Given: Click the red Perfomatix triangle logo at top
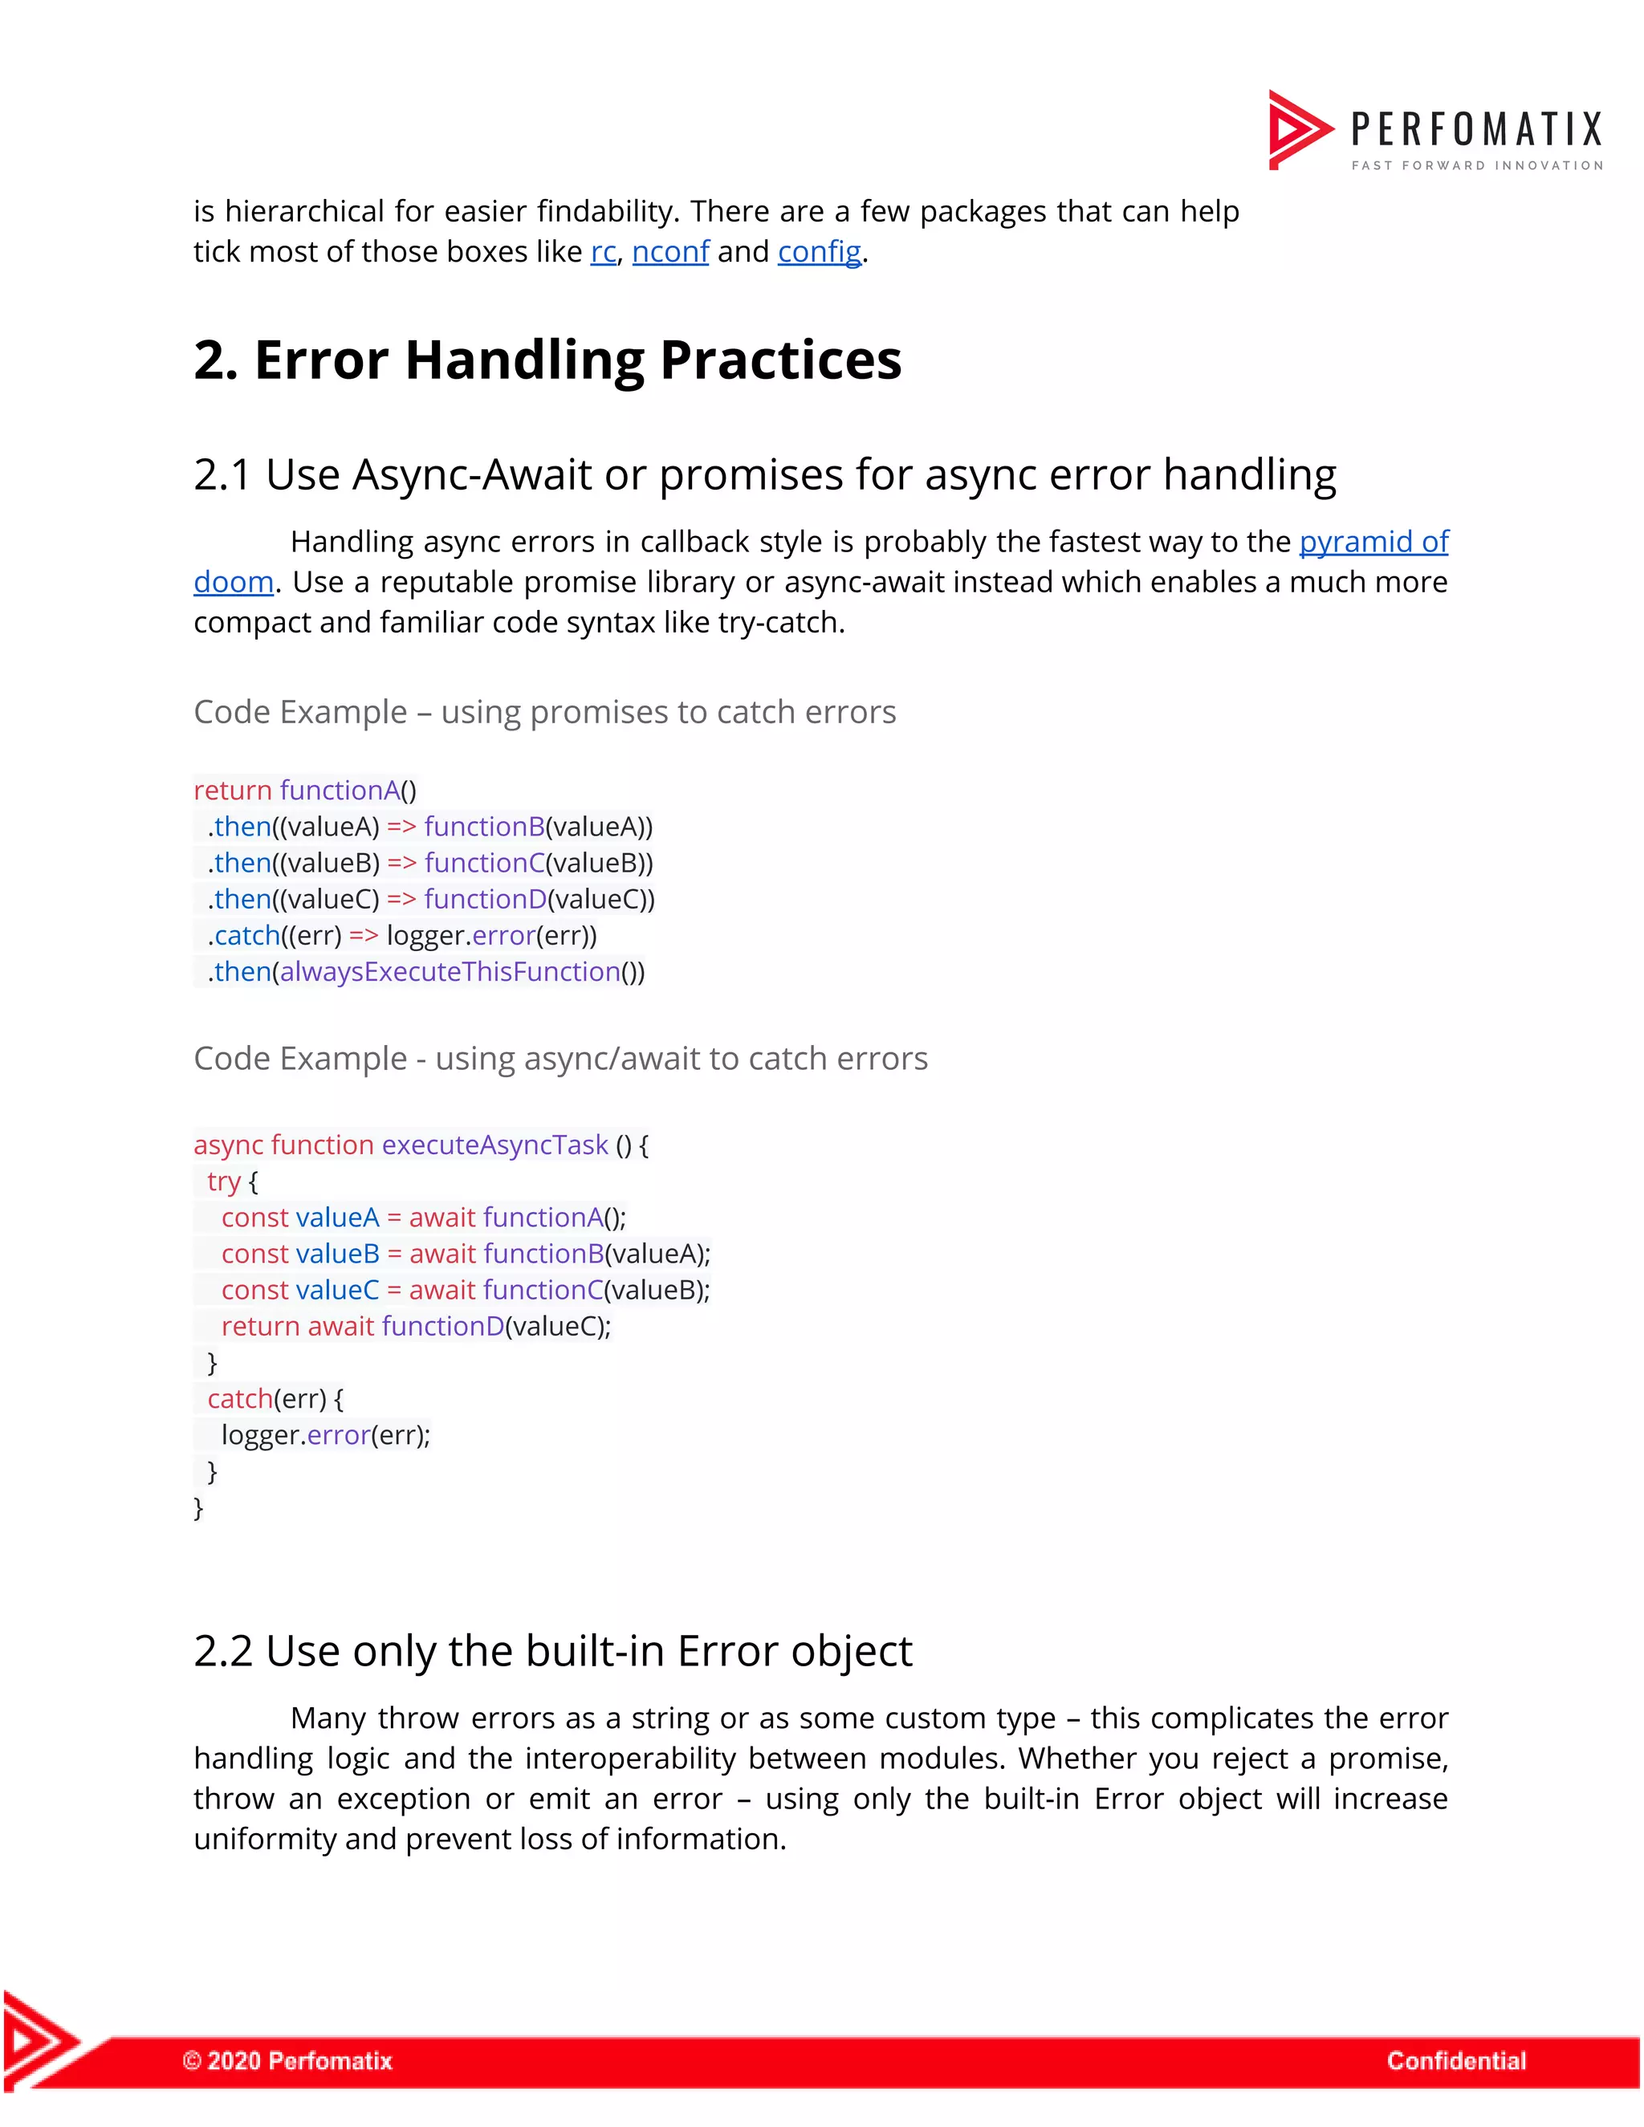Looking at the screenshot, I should click(x=1298, y=129).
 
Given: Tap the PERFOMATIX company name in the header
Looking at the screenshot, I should click(x=1476, y=129).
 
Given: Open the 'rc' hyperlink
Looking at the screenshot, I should click(x=603, y=252).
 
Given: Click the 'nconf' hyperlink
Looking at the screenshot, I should click(x=670, y=252).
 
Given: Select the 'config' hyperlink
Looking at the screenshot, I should click(x=819, y=252).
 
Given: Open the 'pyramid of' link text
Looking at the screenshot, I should click(x=1373, y=542).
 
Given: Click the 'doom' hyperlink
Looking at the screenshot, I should click(x=234, y=583).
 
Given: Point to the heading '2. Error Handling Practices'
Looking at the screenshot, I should click(x=547, y=360).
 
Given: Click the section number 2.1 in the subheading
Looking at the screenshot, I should click(x=223, y=475).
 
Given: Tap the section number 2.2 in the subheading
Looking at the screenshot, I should click(x=223, y=1652).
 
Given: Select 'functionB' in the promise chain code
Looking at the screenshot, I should click(x=484, y=827).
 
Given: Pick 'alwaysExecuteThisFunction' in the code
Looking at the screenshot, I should click(x=450, y=972).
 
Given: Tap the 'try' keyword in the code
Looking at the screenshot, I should click(x=224, y=1182).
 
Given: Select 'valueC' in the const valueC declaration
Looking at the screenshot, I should click(x=337, y=1291).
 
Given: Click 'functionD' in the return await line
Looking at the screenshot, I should click(x=443, y=1327).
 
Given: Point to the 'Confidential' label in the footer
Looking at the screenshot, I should click(x=1456, y=2060).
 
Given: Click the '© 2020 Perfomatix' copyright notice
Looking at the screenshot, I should click(x=287, y=2060).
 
